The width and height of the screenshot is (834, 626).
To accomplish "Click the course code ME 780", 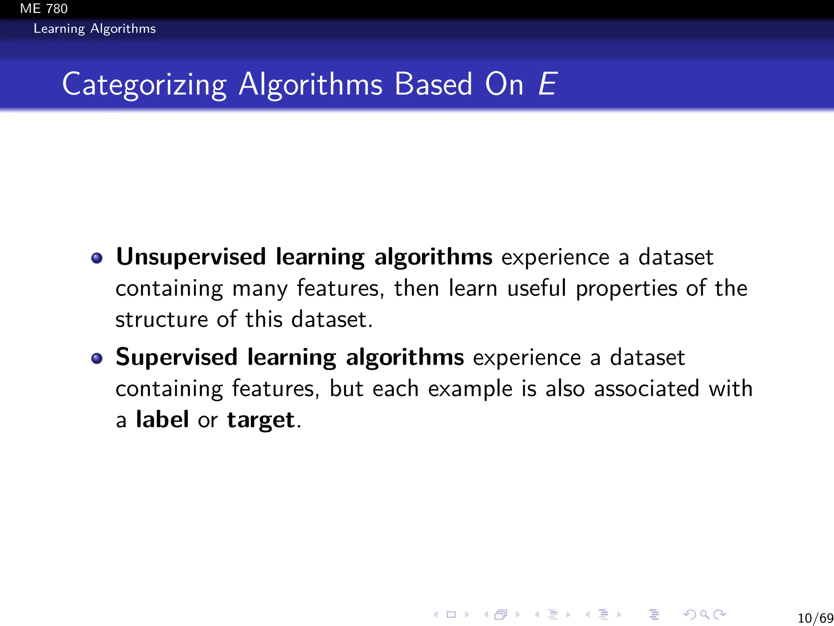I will click(x=44, y=9).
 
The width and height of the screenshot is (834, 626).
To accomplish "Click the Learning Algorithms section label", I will click(x=94, y=29).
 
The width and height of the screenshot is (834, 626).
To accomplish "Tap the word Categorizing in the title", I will click(x=144, y=84).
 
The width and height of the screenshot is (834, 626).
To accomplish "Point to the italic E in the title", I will click(x=547, y=84).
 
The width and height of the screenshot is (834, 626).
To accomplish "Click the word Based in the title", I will click(x=433, y=84).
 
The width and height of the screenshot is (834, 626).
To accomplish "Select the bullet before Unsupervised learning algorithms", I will click(x=97, y=258).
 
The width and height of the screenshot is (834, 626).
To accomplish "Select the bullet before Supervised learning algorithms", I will click(x=97, y=358).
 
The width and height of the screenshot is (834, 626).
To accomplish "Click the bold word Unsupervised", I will click(x=191, y=257).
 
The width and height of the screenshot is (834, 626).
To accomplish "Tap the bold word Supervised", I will click(x=176, y=357).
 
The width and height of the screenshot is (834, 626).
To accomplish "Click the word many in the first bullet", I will click(x=260, y=289).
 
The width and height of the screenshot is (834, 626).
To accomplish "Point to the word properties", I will click(x=627, y=289).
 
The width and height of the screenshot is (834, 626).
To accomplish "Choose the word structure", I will click(x=161, y=319).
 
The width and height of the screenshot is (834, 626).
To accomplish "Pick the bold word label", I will click(x=162, y=419).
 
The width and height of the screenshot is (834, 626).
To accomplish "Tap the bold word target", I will click(x=261, y=420).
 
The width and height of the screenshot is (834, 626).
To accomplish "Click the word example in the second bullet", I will click(x=470, y=389).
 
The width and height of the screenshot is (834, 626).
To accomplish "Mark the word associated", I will click(x=647, y=388).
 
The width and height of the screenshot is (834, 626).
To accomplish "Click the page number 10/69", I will click(x=815, y=618).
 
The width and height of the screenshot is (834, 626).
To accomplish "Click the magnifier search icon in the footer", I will click(x=705, y=615).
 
